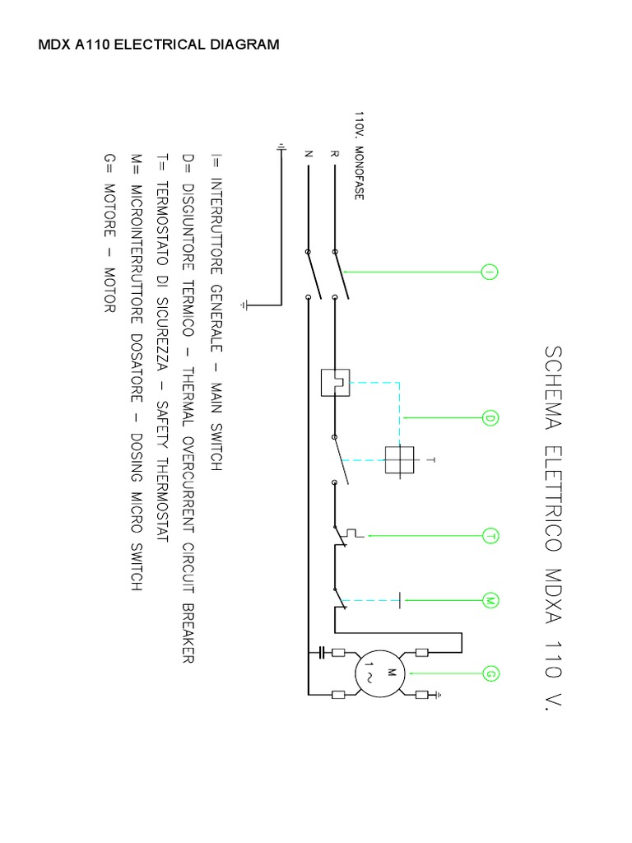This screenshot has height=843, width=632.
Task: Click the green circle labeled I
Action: point(490,272)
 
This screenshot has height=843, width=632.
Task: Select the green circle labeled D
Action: point(490,419)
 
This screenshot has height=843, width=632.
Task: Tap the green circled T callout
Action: point(490,536)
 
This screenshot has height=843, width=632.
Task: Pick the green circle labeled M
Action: point(490,600)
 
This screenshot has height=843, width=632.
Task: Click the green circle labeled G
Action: point(490,675)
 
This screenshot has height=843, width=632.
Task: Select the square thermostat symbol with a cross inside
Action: point(402,459)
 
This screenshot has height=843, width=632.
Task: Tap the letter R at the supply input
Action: point(334,153)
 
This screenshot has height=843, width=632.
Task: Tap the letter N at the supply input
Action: point(308,153)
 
